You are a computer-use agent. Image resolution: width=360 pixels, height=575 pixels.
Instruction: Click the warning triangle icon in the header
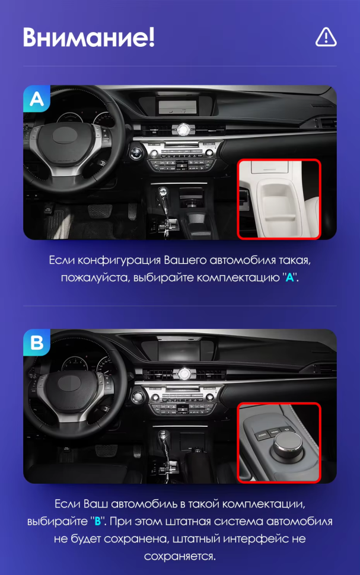click(326, 37)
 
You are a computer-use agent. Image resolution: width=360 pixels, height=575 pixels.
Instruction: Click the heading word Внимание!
click(89, 37)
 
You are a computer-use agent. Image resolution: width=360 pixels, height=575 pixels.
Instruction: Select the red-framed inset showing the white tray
click(279, 199)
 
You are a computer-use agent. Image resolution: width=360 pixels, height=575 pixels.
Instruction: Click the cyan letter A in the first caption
click(290, 277)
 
